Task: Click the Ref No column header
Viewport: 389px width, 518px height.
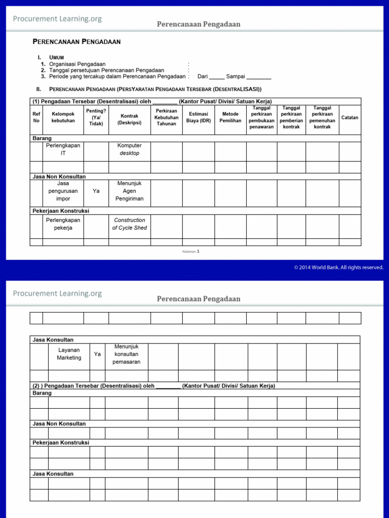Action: [36, 117]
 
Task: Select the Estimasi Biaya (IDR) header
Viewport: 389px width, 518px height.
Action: [199, 117]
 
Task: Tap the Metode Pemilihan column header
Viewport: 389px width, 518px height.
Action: [230, 117]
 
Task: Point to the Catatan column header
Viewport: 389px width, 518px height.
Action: [349, 117]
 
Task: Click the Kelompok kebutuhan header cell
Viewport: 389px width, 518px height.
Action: [63, 117]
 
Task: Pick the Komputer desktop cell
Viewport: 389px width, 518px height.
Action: [129, 149]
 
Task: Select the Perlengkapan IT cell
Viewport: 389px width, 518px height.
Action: [63, 149]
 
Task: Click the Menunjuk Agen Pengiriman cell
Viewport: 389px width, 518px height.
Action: [129, 191]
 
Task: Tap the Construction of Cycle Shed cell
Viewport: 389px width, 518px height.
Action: [129, 224]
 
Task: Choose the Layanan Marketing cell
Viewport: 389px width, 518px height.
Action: [69, 354]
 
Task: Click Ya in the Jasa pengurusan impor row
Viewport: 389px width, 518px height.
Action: [96, 191]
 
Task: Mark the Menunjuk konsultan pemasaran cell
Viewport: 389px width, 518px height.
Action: [126, 354]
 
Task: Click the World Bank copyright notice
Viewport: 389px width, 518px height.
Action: [338, 268]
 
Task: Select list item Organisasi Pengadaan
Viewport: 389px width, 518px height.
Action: [77, 64]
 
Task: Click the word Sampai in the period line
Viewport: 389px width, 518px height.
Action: [236, 76]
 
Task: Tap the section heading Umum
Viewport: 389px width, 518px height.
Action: [56, 58]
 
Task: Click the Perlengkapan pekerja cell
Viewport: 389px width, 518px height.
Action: [63, 224]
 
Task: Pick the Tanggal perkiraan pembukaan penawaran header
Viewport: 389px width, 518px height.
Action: [261, 117]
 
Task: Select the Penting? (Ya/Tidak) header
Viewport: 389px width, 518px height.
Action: [96, 117]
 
